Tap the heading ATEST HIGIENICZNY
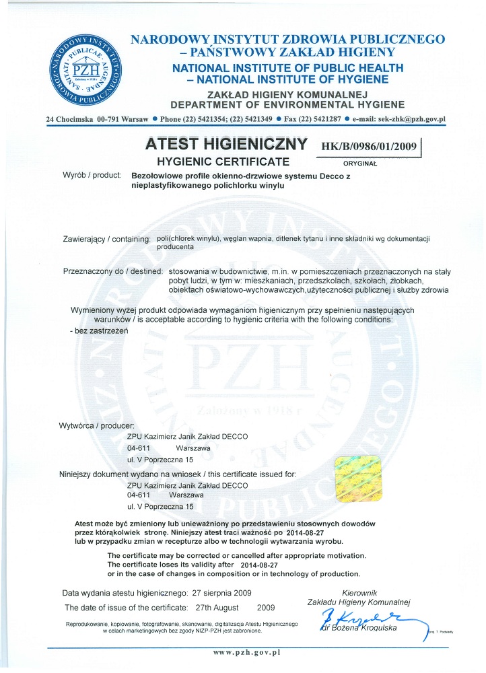pyautogui.click(x=228, y=145)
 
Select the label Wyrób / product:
pyautogui.click(x=91, y=176)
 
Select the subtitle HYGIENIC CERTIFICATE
pyautogui.click(x=223, y=162)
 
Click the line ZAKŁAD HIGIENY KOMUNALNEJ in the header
pyautogui.click(x=287, y=94)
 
